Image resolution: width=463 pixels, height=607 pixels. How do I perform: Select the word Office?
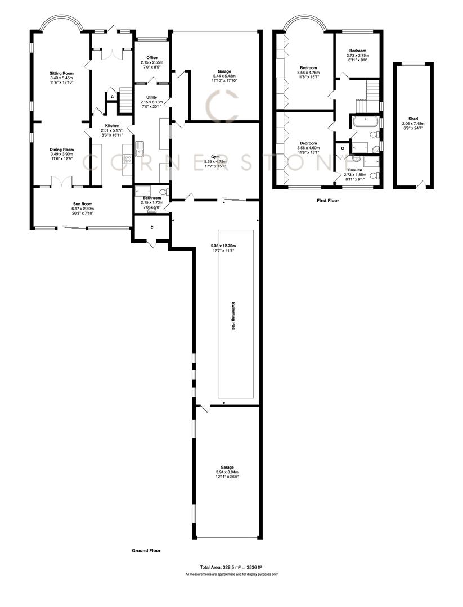tap(151, 57)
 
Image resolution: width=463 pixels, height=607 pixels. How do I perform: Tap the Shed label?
tap(413, 119)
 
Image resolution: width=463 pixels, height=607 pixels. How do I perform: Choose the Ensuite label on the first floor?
tap(355, 170)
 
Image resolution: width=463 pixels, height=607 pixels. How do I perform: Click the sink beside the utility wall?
tap(139, 150)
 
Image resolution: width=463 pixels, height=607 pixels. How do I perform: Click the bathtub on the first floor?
tap(365, 121)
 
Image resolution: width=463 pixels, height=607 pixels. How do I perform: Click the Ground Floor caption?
tap(146, 551)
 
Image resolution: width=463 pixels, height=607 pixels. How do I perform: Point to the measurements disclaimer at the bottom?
tap(231, 574)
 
